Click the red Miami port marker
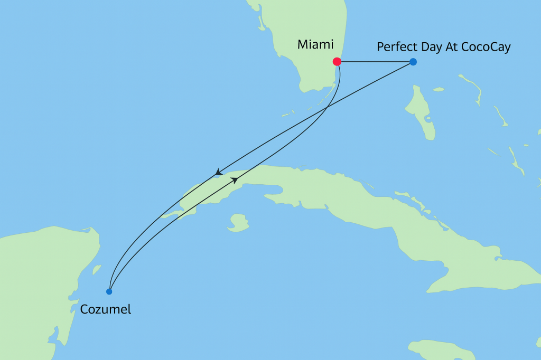click(337, 62)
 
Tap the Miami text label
click(315, 45)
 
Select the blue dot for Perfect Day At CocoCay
click(413, 62)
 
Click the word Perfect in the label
click(396, 47)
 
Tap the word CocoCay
click(487, 48)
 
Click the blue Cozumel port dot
click(109, 291)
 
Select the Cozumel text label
click(106, 309)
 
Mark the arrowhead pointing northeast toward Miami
click(235, 181)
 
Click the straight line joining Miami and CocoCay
click(375, 62)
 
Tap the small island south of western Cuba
click(239, 222)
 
